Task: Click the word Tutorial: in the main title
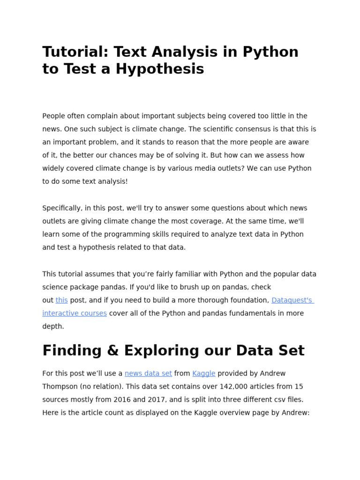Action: click(71, 52)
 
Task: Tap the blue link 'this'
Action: click(61, 300)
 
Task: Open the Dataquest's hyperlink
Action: click(292, 300)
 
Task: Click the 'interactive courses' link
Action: click(75, 313)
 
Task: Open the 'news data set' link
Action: click(148, 374)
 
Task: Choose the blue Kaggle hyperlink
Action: click(204, 374)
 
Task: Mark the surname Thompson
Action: click(60, 387)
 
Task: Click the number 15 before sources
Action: click(299, 387)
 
